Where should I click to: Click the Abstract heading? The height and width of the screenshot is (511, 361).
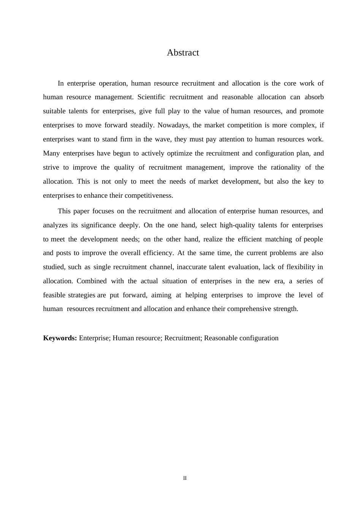point(183,53)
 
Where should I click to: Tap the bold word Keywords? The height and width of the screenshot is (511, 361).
point(60,338)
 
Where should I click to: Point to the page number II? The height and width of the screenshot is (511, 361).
point(185,478)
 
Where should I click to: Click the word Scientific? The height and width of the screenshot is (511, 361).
point(151,97)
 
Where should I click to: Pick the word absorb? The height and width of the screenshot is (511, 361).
point(314,97)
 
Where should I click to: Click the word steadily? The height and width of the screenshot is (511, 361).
point(142,125)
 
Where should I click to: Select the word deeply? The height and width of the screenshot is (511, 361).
point(130,225)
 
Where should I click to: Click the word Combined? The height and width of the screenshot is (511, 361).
point(92,281)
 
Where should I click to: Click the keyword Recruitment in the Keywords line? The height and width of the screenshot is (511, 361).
point(182,338)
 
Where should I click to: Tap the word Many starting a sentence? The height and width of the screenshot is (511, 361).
point(51,153)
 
